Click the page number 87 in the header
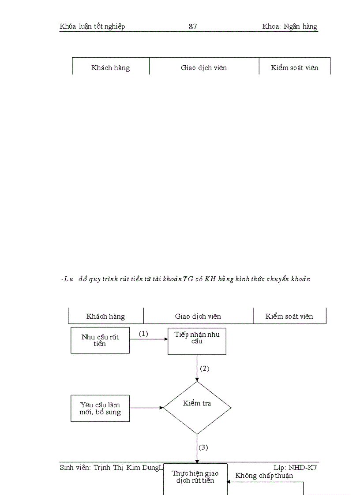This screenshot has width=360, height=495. (193, 26)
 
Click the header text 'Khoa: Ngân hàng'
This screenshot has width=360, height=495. (289, 26)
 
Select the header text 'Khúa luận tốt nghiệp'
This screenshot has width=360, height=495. (92, 26)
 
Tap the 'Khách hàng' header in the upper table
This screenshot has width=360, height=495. (110, 68)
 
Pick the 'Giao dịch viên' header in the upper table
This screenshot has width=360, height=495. (204, 68)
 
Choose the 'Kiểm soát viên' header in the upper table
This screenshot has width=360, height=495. (294, 68)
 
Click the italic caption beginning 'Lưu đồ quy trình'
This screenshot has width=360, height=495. (185, 279)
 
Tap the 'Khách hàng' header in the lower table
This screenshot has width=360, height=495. (105, 316)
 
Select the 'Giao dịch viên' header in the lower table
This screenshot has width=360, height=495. (198, 316)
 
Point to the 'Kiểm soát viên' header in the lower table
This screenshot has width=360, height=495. (289, 316)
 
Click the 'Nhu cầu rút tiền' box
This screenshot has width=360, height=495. (100, 340)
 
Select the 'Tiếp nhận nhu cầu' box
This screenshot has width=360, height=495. (197, 340)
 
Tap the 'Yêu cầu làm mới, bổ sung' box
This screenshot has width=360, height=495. (100, 408)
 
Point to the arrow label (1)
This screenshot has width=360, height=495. (143, 334)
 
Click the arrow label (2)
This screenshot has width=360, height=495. (204, 368)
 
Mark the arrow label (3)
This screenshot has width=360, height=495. (203, 447)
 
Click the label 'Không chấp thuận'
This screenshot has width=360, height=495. (264, 476)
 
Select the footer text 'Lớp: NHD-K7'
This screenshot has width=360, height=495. (295, 468)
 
